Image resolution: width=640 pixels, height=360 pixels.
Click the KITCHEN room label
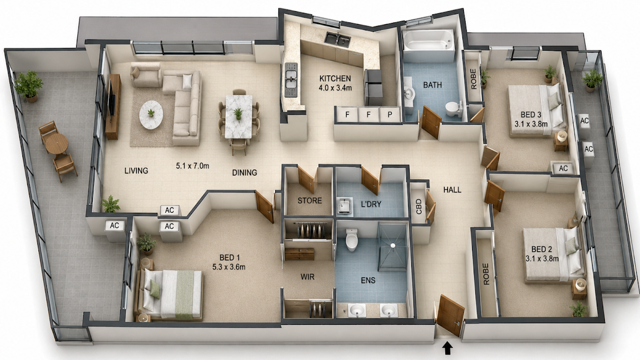coord(335,78)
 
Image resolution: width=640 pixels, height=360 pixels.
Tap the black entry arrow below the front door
coord(447,349)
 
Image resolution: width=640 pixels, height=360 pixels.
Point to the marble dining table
coord(238,117)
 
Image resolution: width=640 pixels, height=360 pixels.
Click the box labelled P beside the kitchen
coord(390,115)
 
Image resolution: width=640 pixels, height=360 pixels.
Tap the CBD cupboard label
coord(419,206)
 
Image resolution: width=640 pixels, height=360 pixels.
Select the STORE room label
coord(310,201)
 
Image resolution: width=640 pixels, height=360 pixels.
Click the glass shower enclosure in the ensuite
coord(393,247)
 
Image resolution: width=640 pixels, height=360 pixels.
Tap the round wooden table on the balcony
coord(57,144)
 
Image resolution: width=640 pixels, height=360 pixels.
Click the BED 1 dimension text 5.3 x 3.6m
coord(229,267)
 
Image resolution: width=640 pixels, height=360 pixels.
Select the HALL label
coord(452,190)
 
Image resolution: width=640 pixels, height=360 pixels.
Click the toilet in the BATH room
coord(454,109)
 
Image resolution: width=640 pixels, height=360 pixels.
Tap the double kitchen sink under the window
coord(338,39)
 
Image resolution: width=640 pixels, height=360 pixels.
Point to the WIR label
coord(307,277)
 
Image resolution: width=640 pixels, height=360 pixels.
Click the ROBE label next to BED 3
coord(474,79)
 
